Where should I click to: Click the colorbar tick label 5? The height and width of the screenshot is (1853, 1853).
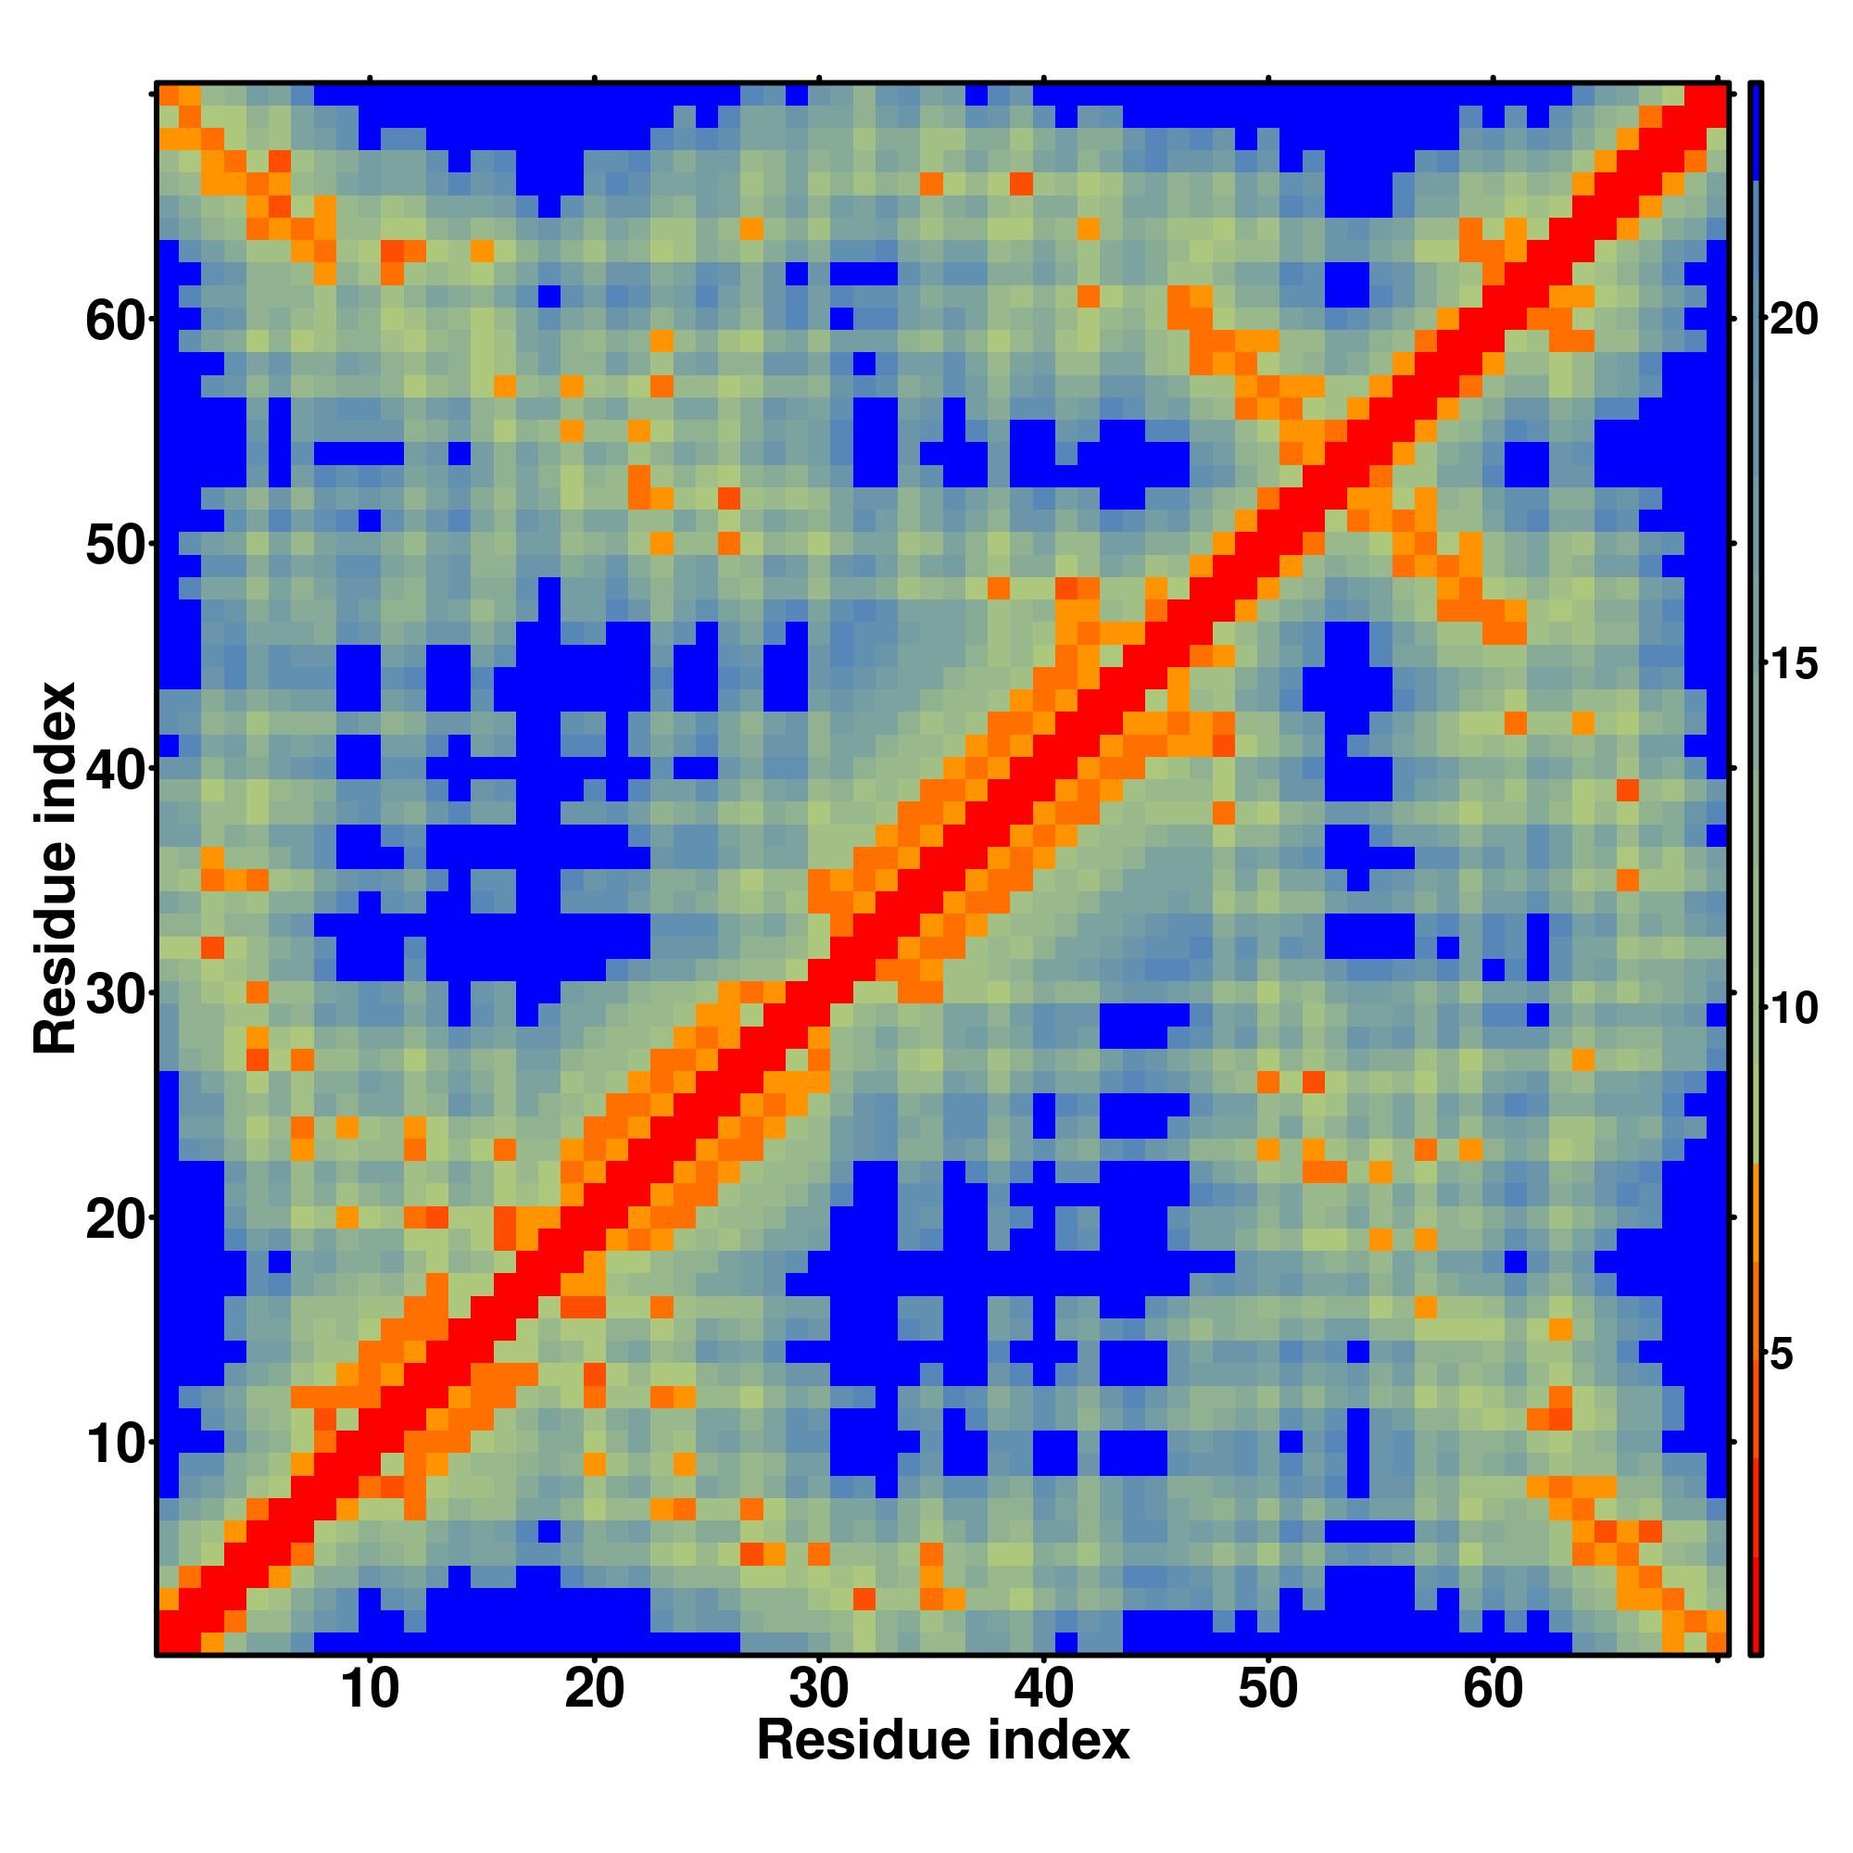(x=1782, y=1355)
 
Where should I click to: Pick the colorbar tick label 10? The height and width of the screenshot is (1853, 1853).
(x=1793, y=1009)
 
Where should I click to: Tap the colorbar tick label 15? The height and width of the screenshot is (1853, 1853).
(x=1793, y=663)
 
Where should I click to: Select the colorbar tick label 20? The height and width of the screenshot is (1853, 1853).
(x=1793, y=319)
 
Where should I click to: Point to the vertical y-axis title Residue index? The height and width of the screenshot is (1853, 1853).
(x=55, y=868)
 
